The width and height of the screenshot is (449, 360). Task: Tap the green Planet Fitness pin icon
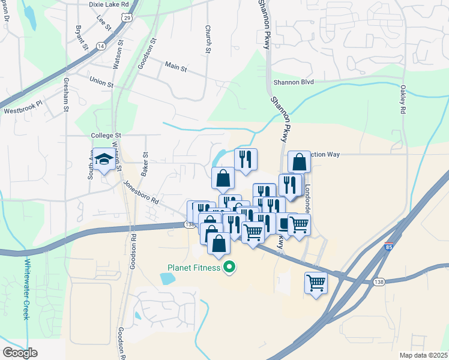[x=228, y=267]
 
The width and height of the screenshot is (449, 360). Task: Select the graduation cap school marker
[x=104, y=160]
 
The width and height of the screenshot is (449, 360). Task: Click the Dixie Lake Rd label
[x=109, y=4]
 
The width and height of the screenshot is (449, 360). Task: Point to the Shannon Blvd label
[x=294, y=82]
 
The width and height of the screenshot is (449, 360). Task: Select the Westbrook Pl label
[x=23, y=111]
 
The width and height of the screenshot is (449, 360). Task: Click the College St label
[x=106, y=136]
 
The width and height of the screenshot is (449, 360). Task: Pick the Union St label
[x=101, y=82]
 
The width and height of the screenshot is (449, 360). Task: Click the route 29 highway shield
[x=127, y=18]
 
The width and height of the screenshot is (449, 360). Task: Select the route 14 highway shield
[x=100, y=46]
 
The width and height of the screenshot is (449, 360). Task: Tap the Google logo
[x=20, y=352]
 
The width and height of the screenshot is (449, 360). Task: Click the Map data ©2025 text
[x=423, y=355]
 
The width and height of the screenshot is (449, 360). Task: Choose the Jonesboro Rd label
[x=140, y=191]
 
